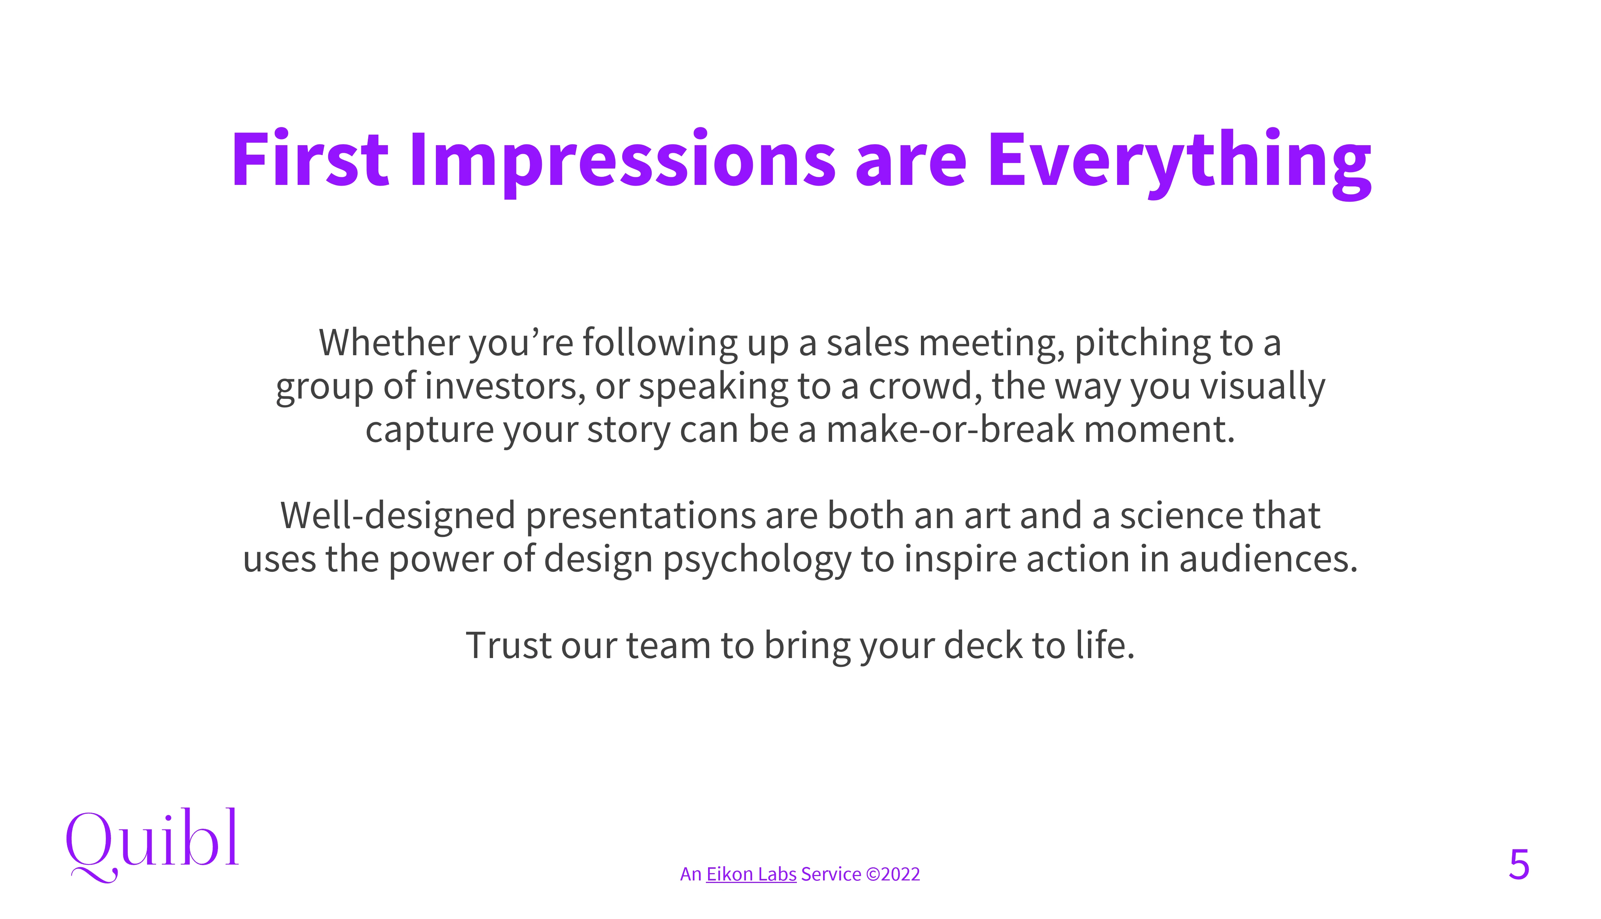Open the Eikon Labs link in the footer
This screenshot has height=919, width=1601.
(751, 874)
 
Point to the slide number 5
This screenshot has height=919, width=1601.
(1519, 865)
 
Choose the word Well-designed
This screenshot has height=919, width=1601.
(398, 516)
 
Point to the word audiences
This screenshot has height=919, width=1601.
(1268, 560)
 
